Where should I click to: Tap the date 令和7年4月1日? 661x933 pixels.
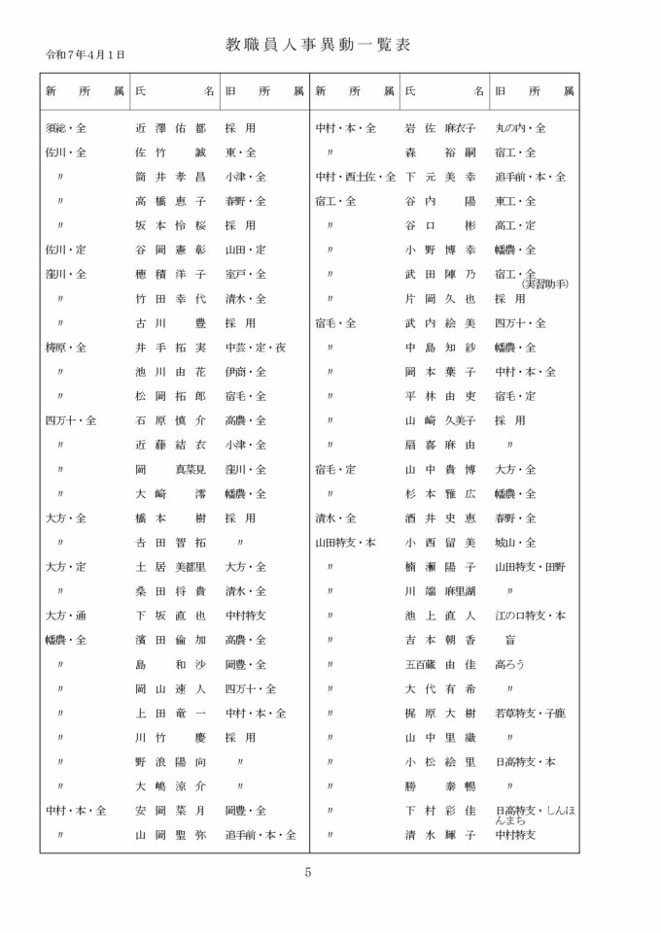pyautogui.click(x=85, y=55)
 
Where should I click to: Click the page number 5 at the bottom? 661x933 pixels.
pyautogui.click(x=308, y=871)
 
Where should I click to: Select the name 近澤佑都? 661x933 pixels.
pyautogui.click(x=170, y=128)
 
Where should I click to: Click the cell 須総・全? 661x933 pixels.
pyautogui.click(x=66, y=128)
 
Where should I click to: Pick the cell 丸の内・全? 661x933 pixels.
pyautogui.click(x=520, y=128)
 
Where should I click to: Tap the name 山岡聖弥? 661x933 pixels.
pyautogui.click(x=170, y=834)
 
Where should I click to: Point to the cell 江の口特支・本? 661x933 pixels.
pyautogui.click(x=529, y=616)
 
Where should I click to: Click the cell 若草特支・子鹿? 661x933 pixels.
pyautogui.click(x=529, y=713)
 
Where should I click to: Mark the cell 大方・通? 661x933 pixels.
pyautogui.click(x=66, y=616)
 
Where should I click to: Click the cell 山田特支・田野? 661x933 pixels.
pyautogui.click(x=531, y=566)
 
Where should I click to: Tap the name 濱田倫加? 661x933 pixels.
pyautogui.click(x=170, y=640)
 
